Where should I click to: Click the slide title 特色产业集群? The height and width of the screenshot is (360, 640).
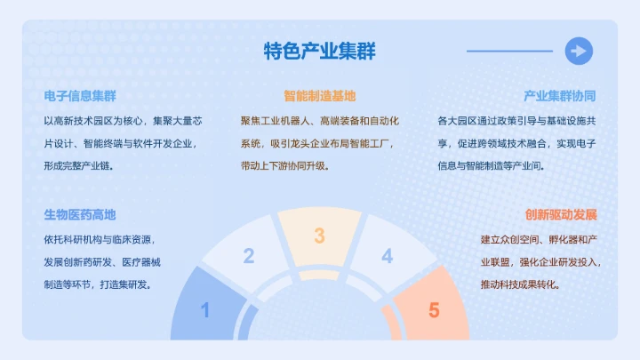(320, 52)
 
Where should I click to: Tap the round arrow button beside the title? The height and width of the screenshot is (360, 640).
(579, 51)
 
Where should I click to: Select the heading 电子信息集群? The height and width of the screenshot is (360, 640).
(80, 96)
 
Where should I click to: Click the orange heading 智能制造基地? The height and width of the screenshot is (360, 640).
(320, 96)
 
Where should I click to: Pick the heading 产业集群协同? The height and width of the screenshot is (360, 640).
(559, 96)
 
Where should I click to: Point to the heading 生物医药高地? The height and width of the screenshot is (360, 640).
(80, 215)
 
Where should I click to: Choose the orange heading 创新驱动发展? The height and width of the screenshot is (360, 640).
(559, 215)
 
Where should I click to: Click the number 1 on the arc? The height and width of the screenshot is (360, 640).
(205, 311)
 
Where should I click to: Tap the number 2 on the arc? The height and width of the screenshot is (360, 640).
(249, 257)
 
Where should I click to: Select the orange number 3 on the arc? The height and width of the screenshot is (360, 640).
(319, 236)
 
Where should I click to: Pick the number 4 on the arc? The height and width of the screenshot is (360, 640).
(387, 257)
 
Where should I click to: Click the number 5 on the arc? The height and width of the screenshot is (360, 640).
(434, 311)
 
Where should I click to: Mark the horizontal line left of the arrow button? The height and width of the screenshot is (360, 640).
(509, 51)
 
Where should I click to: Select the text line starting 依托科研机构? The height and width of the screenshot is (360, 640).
(98, 239)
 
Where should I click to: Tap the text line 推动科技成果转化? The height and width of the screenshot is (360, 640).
(519, 285)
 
